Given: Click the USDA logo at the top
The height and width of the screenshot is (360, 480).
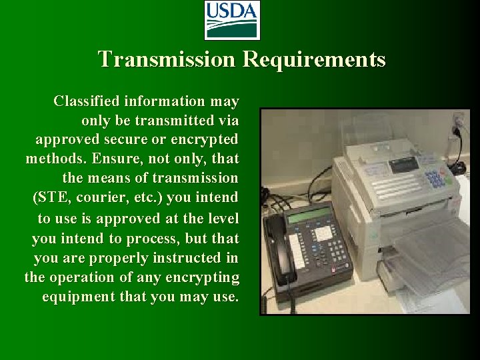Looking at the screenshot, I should pos(231,20).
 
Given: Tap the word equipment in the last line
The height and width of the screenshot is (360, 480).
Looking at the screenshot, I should pos(75,296).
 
